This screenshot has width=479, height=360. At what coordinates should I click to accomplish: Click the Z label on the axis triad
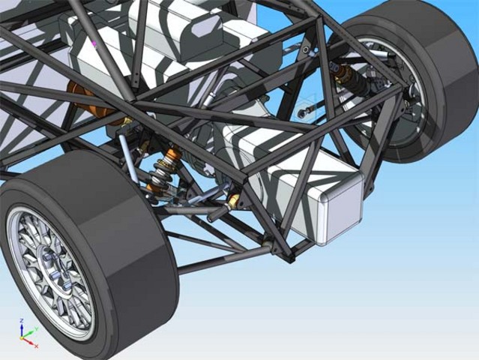[x=22, y=320]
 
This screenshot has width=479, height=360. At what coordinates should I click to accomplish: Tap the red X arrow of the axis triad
[x=31, y=344]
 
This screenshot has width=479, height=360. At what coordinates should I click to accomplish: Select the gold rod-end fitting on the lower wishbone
[x=234, y=200]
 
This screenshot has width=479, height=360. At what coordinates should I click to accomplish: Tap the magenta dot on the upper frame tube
[x=94, y=44]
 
